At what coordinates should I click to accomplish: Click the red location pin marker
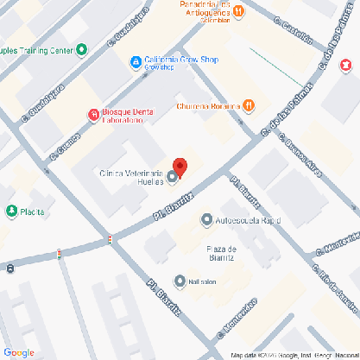180,167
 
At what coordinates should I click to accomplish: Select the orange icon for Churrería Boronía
249,105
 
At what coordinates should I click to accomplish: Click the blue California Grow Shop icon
136,61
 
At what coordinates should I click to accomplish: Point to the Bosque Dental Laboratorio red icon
93,114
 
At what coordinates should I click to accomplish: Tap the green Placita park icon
12,211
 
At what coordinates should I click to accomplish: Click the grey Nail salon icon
180,281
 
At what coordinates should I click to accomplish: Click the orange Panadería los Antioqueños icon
240,11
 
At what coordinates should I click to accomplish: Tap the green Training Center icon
81,50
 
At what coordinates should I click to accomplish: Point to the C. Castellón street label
292,33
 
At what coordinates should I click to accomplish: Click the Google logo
19,351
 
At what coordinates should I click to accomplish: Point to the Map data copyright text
294,355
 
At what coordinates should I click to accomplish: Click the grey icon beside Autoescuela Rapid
206,219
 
